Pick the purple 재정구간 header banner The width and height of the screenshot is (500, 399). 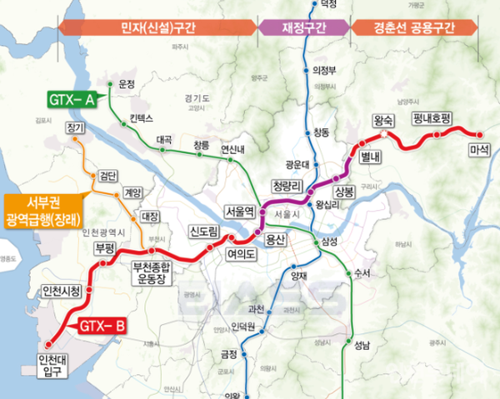point(304,27)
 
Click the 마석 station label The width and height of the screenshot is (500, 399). point(480,152)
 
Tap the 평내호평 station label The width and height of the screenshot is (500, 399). point(431,119)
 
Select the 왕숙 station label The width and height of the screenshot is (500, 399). point(384,119)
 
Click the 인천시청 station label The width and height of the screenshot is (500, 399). point(62,291)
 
